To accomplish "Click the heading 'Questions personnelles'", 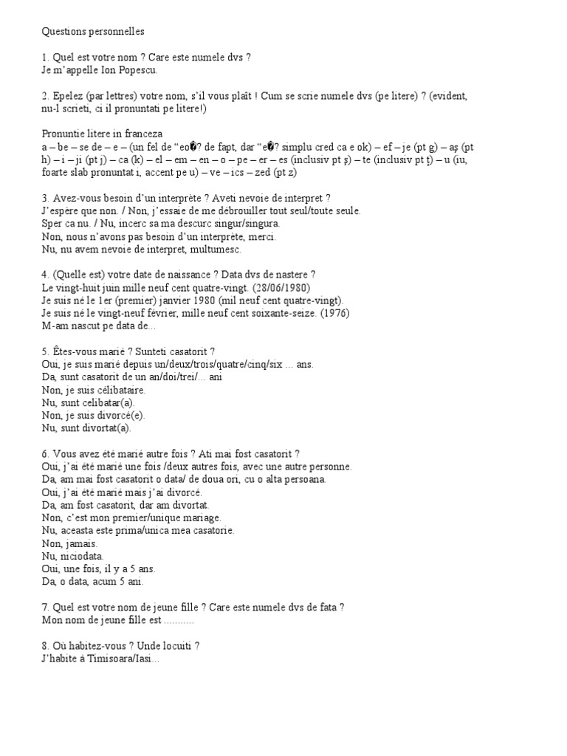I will (x=93, y=32).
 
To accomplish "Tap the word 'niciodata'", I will (x=81, y=555).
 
